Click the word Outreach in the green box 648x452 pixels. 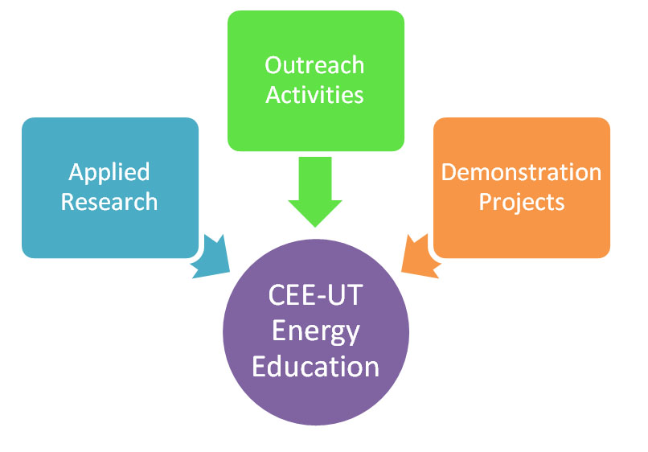tap(314, 65)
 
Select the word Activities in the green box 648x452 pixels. tap(314, 95)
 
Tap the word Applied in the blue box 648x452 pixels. tap(109, 173)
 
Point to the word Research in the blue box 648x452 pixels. tap(109, 202)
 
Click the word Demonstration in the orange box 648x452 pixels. tap(521, 172)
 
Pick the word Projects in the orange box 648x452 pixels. tap(522, 203)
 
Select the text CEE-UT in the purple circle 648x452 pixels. tap(316, 295)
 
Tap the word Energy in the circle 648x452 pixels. tap(316, 332)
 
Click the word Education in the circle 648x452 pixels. tap(316, 367)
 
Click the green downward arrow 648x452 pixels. tap(315, 192)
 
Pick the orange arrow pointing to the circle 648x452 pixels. tap(420, 258)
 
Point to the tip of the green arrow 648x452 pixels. tap(315, 227)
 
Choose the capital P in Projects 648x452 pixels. tap(485, 202)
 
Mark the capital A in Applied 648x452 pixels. tap(76, 172)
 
